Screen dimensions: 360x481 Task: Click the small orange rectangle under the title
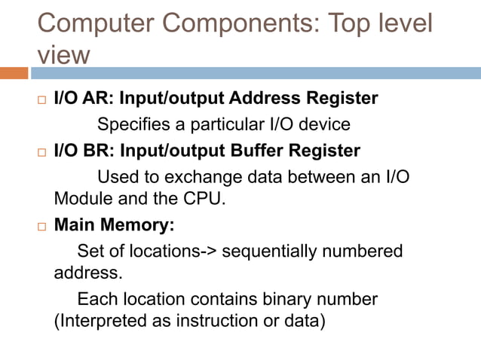coord(14,73)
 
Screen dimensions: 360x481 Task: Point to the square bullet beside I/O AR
coord(42,99)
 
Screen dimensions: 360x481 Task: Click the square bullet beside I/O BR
coord(42,151)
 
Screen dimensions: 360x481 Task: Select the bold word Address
coord(256,99)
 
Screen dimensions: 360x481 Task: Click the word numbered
coord(366,251)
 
